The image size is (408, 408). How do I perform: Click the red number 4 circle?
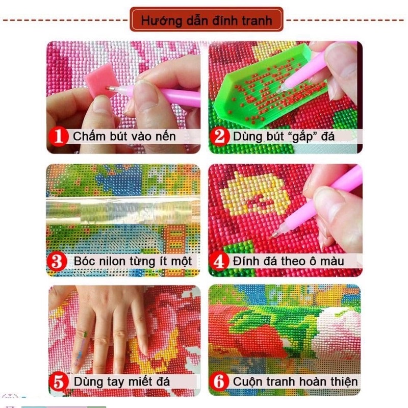(x=220, y=262)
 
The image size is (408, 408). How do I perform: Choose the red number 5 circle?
(x=60, y=381)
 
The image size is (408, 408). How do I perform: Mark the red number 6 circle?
(x=220, y=381)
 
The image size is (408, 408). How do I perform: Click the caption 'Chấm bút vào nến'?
(x=124, y=137)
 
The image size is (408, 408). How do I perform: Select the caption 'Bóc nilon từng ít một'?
(x=133, y=262)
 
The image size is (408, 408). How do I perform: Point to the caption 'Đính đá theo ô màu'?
(x=288, y=262)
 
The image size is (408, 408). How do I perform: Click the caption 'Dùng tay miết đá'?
(x=121, y=381)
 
